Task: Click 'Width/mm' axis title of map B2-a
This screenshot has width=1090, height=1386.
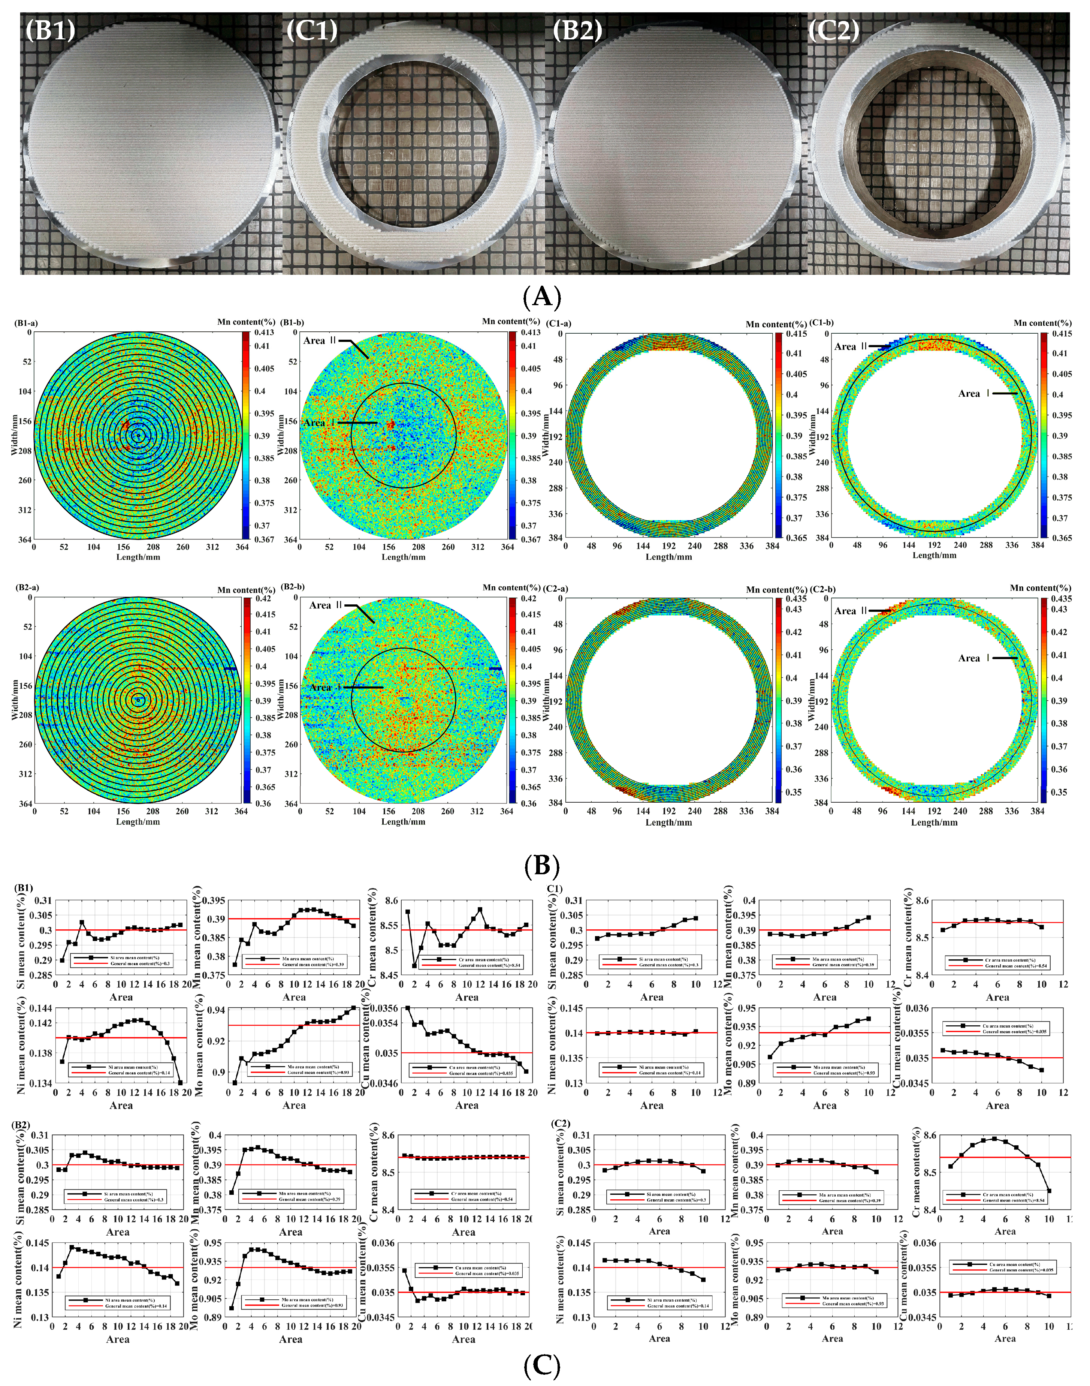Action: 14,700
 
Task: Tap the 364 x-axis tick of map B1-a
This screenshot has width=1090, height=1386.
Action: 242,547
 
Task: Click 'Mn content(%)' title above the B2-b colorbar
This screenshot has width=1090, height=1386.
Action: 511,587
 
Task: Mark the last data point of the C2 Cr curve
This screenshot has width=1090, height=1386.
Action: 1049,1191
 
